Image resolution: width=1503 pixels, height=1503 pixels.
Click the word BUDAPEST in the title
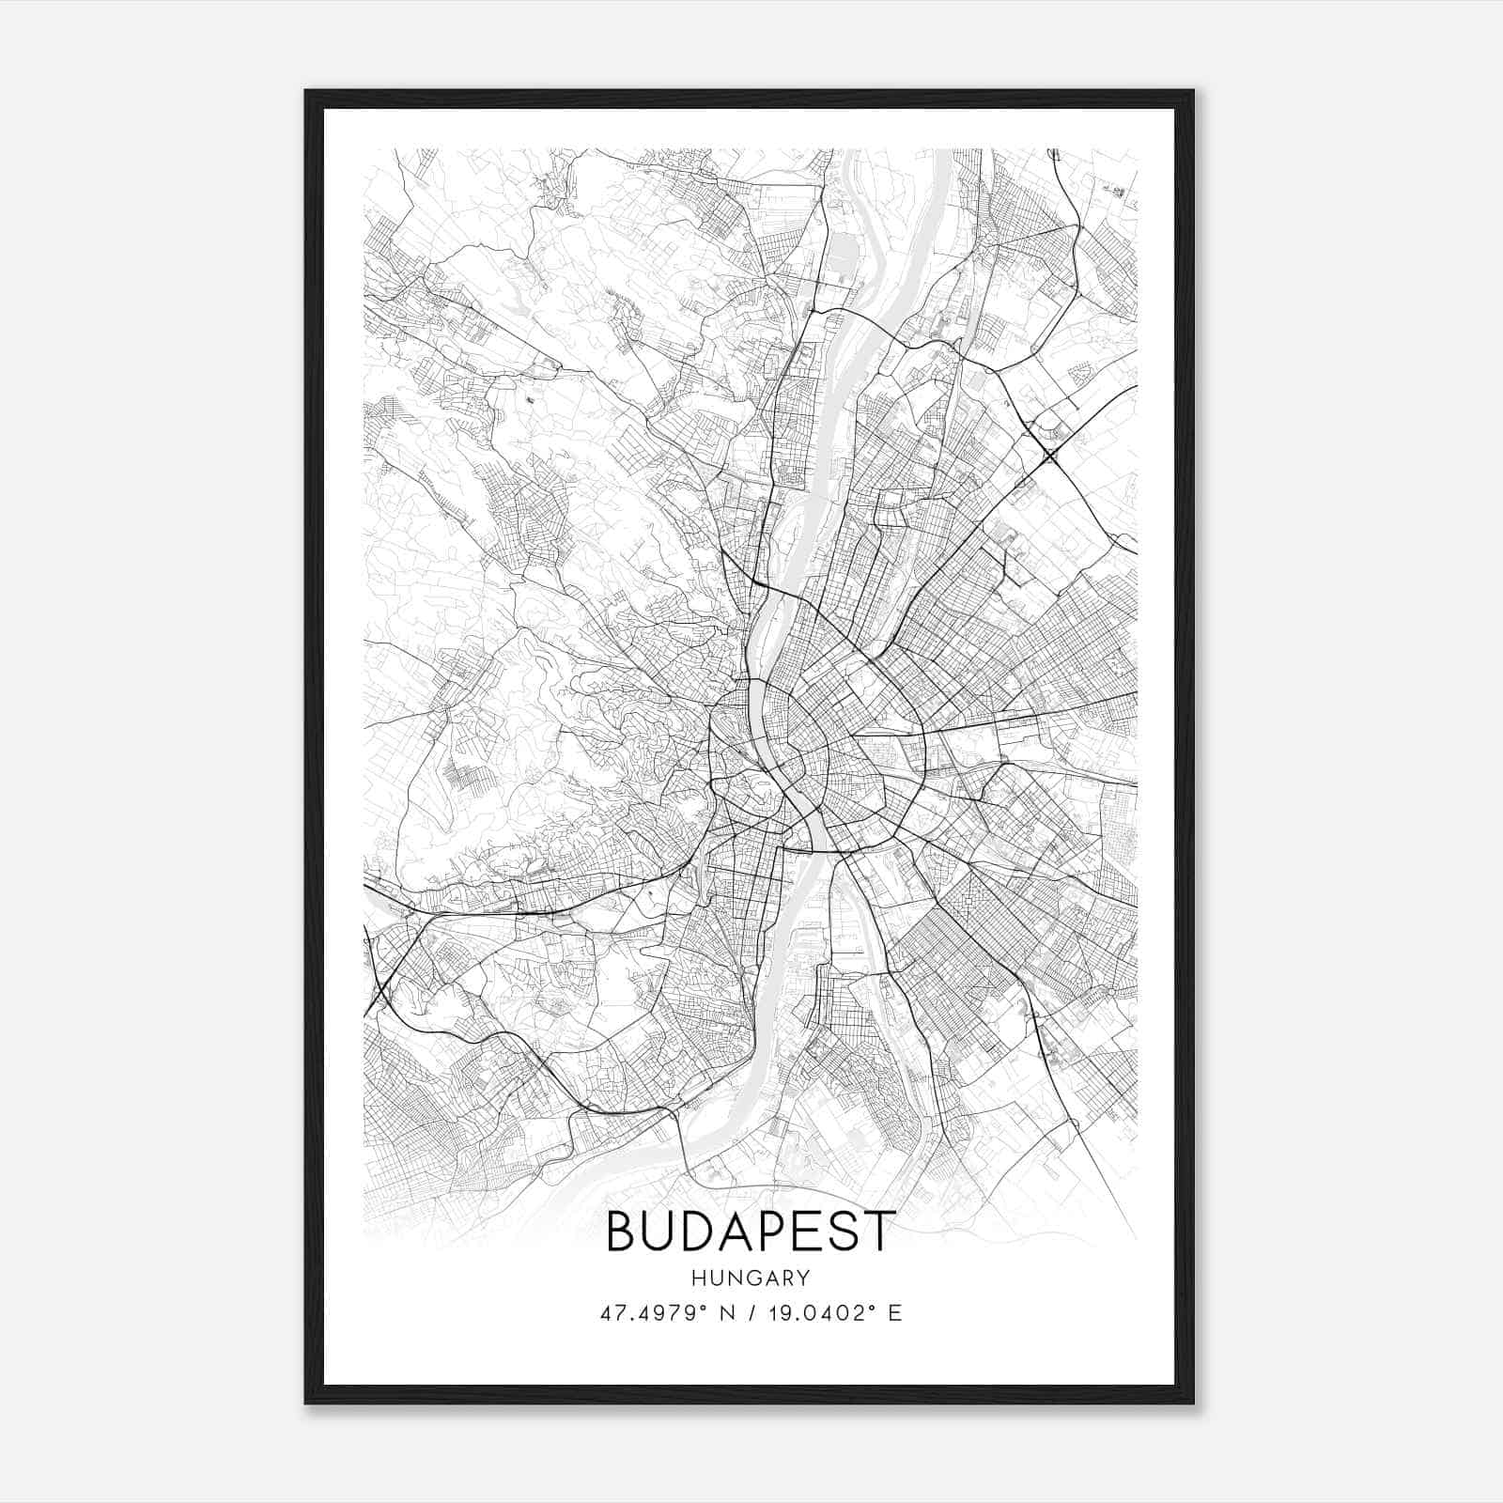coord(749,1232)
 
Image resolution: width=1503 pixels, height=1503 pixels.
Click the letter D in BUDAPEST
coord(697,1232)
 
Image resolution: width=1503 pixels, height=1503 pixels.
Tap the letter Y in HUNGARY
coord(803,1278)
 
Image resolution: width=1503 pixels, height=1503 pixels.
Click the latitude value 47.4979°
coord(654,1313)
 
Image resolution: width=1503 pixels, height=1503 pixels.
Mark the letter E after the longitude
coord(895,1313)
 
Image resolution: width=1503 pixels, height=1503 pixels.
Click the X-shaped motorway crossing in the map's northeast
coord(1050,457)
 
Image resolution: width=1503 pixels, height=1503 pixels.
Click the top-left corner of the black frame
coord(306,92)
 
